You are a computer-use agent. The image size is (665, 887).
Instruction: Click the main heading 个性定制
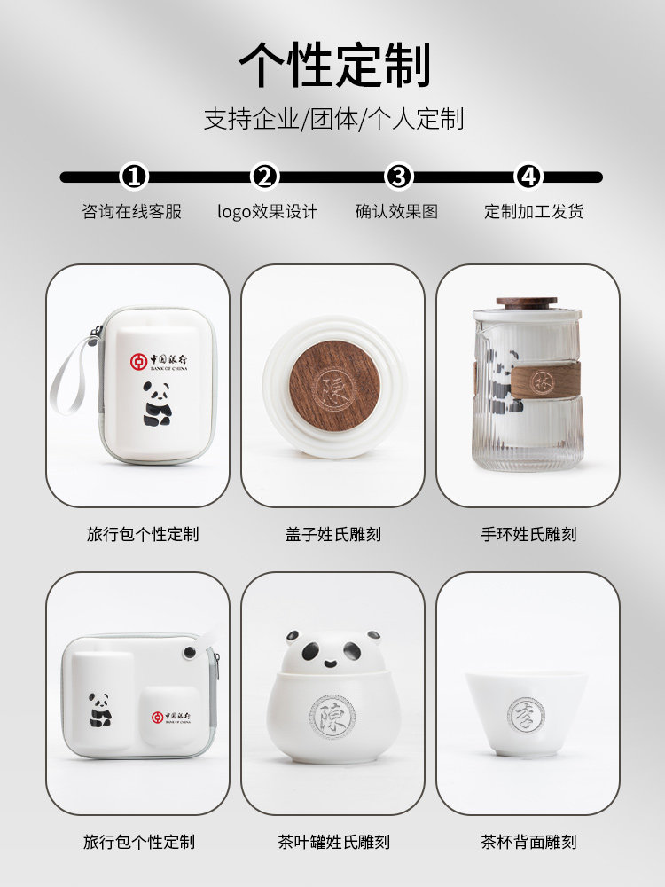click(x=333, y=65)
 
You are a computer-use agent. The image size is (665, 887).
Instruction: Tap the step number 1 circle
click(x=134, y=177)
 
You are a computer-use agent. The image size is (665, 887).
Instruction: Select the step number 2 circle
click(x=265, y=177)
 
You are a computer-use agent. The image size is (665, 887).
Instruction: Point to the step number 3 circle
click(x=399, y=177)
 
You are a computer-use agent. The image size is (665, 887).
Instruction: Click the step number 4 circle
click(x=528, y=177)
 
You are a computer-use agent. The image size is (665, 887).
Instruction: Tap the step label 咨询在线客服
click(x=131, y=212)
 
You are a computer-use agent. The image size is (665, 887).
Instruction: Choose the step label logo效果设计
click(x=267, y=212)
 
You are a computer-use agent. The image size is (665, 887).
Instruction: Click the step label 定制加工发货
click(x=534, y=212)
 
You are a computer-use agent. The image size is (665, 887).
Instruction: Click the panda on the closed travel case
click(x=158, y=404)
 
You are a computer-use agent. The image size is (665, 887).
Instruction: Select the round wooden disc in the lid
click(x=334, y=386)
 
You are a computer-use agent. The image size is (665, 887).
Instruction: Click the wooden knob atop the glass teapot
click(x=527, y=303)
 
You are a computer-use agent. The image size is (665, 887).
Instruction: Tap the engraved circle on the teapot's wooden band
click(x=541, y=382)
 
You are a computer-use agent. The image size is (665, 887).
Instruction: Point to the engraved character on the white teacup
click(x=527, y=714)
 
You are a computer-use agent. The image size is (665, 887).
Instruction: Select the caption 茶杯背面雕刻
click(x=528, y=842)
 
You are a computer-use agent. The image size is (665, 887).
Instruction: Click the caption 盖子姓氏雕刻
click(x=333, y=534)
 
